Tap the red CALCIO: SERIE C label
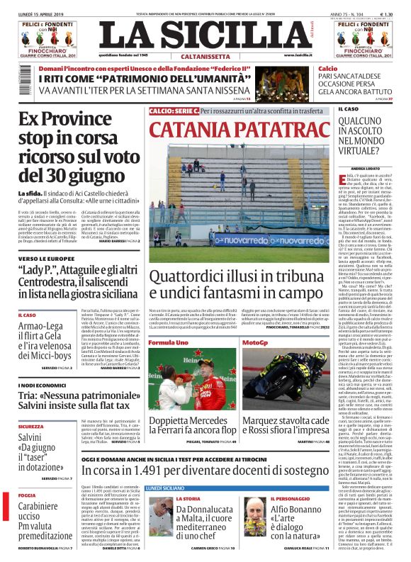[174, 111]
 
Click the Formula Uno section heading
[168, 342]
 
